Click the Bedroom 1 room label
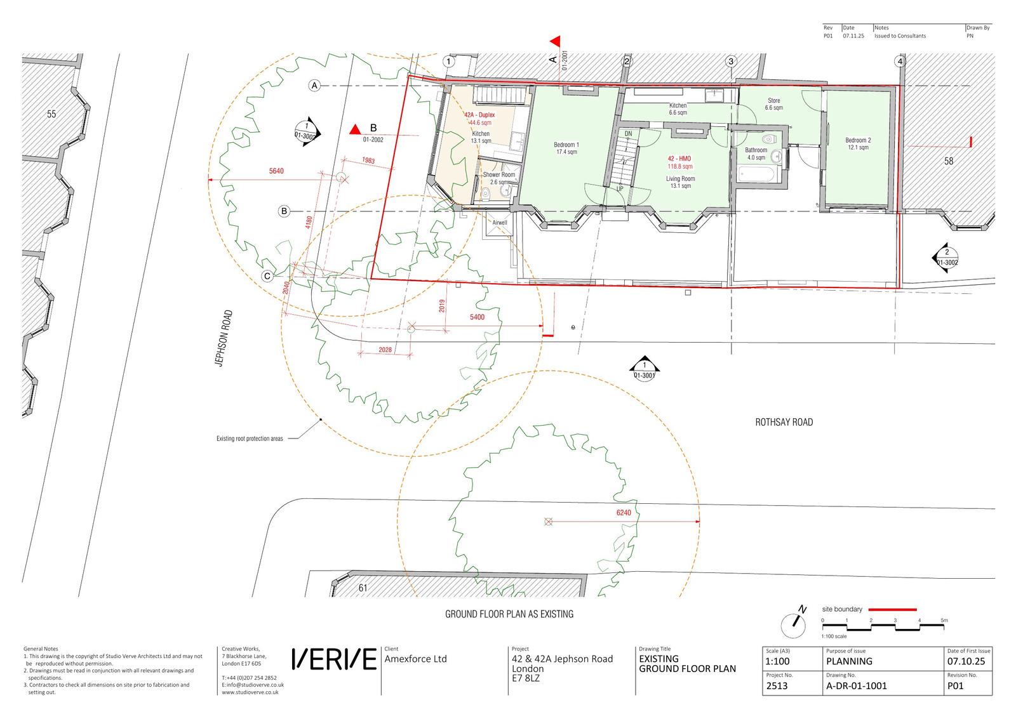pos(566,145)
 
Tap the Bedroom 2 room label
pos(858,140)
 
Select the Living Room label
pos(680,178)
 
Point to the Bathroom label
pos(756,150)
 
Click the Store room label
pos(774,101)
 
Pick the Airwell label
pos(499,223)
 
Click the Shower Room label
pos(499,175)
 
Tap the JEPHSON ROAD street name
pos(224,338)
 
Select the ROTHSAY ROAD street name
pos(784,422)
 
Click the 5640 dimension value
pos(276,171)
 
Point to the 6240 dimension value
pos(623,513)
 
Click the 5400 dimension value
pos(477,317)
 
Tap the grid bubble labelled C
pos(267,276)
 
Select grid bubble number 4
pos(900,61)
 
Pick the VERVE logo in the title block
pos(334,659)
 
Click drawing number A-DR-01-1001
pos(857,686)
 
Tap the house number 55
pos(51,114)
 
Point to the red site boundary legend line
pos(892,610)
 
